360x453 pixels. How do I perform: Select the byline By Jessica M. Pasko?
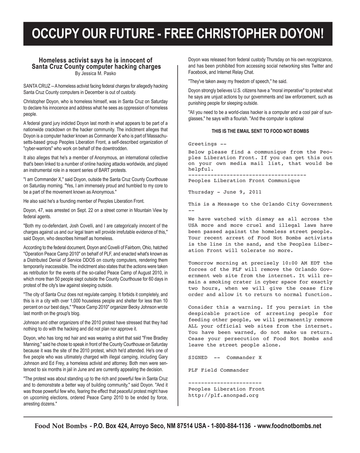(x=96, y=73)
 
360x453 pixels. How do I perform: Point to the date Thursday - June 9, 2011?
(x=225, y=192)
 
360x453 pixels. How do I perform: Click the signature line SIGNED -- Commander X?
(x=225, y=358)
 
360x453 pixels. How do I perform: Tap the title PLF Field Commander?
(x=218, y=371)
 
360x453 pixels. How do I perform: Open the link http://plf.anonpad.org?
(x=223, y=395)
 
